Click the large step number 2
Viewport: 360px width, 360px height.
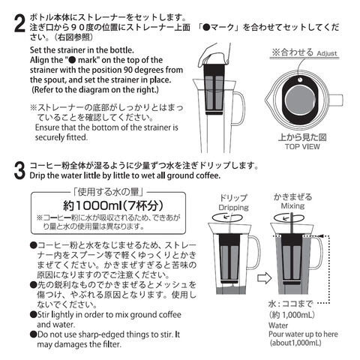pyautogui.click(x=19, y=23)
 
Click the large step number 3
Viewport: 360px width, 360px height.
pyautogui.click(x=19, y=170)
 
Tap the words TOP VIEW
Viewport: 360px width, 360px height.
pyautogui.click(x=302, y=146)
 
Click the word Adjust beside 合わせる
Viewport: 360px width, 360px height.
pyautogui.click(x=327, y=53)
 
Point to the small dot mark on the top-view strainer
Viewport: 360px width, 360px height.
pyautogui.click(x=300, y=79)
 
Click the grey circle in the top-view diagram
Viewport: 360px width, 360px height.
pyautogui.click(x=299, y=100)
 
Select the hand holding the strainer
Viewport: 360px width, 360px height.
pyautogui.click(x=215, y=55)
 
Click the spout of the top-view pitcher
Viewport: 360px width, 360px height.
pyautogui.click(x=267, y=100)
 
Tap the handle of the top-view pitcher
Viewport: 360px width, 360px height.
pyautogui.click(x=336, y=100)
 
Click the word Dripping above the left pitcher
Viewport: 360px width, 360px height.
pyautogui.click(x=233, y=208)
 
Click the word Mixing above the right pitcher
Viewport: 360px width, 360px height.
pyautogui.click(x=292, y=206)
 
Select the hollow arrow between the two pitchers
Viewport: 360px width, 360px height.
pyautogui.click(x=265, y=277)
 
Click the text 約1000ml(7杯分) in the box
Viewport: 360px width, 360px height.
pyautogui.click(x=113, y=205)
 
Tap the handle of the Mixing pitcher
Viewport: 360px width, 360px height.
pyautogui.click(x=318, y=253)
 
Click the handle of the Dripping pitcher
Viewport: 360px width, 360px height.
pyautogui.click(x=255, y=253)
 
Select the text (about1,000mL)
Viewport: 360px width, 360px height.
pyautogui.click(x=295, y=343)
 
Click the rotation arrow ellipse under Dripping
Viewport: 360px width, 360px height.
pyautogui.click(x=227, y=217)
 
